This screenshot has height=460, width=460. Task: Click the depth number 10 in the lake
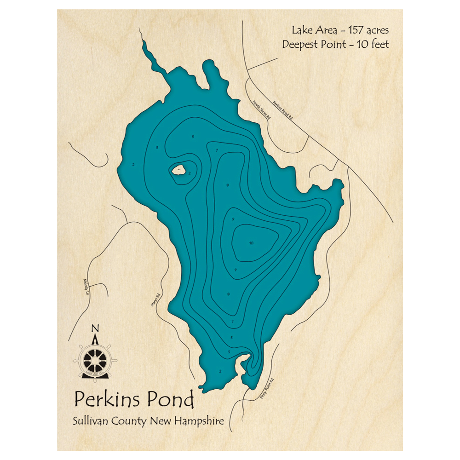(251, 243)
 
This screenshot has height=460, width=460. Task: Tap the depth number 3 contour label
(157, 148)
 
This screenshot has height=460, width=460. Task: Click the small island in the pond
(178, 170)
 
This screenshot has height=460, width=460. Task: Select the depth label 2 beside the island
(190, 173)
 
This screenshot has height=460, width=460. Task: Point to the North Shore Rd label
(262, 111)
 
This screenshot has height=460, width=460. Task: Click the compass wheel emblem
(95, 356)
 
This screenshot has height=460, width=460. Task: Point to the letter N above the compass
(95, 328)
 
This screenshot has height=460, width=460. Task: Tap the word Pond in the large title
(171, 400)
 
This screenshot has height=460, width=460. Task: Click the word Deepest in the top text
(301, 45)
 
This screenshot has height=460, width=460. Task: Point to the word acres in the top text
(378, 31)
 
